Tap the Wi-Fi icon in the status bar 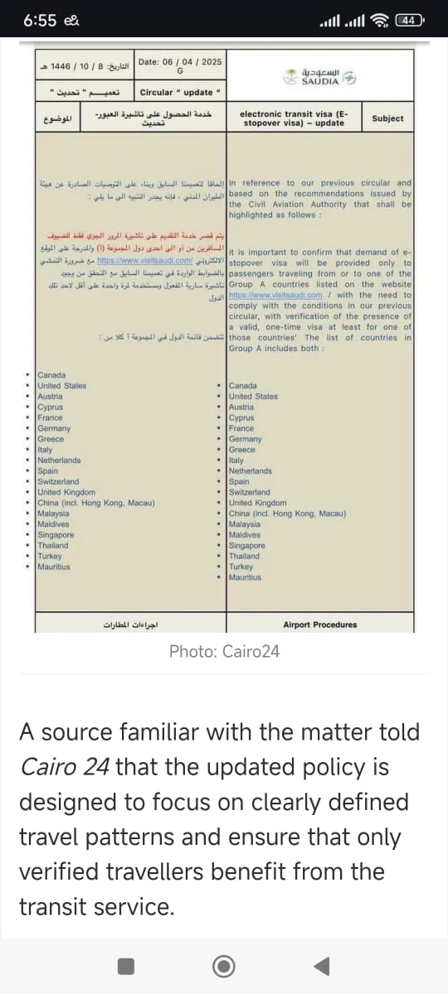382,22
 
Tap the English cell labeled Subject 387,118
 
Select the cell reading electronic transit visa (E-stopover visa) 295,118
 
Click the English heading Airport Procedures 319,625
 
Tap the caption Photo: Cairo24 224,652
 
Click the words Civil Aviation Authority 295,204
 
